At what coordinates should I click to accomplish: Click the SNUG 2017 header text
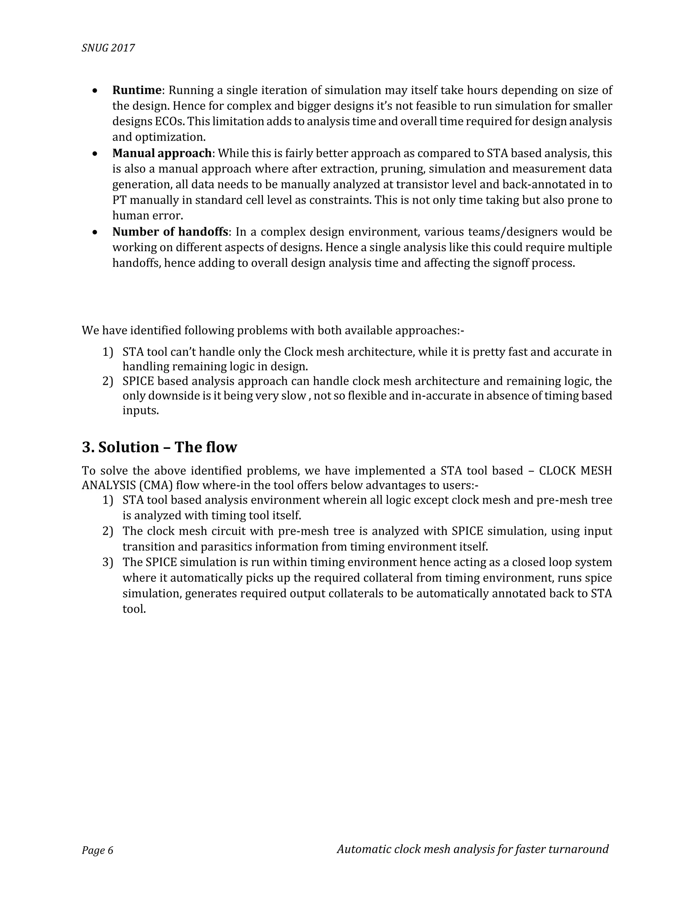click(108, 48)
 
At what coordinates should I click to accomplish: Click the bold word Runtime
click(137, 90)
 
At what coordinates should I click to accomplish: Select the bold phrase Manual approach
click(162, 153)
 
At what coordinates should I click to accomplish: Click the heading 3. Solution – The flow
click(160, 447)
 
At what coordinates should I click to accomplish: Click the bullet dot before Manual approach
click(95, 154)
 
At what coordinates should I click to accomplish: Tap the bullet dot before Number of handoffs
click(95, 233)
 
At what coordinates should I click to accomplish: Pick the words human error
click(148, 216)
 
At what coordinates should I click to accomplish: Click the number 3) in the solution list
click(108, 562)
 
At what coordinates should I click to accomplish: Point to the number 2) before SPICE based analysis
click(108, 381)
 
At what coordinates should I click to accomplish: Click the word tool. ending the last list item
click(134, 609)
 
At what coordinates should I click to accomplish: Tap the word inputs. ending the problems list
click(141, 411)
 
